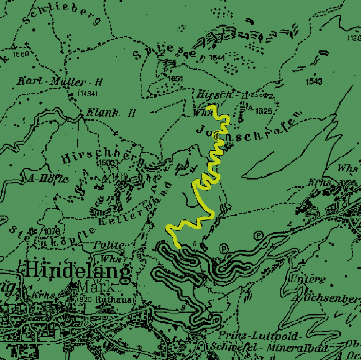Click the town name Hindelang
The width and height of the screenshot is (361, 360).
pyautogui.click(x=78, y=271)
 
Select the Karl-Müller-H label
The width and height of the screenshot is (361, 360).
pyautogui.click(x=60, y=81)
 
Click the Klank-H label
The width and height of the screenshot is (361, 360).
pyautogui.click(x=111, y=113)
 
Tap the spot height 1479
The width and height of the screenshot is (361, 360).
pyautogui.click(x=119, y=176)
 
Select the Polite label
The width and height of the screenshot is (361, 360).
pyautogui.click(x=109, y=245)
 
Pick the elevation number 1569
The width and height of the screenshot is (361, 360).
pyautogui.click(x=22, y=54)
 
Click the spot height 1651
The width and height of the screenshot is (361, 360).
pyautogui.click(x=175, y=78)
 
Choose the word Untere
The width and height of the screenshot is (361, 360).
pyautogui.click(x=308, y=279)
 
